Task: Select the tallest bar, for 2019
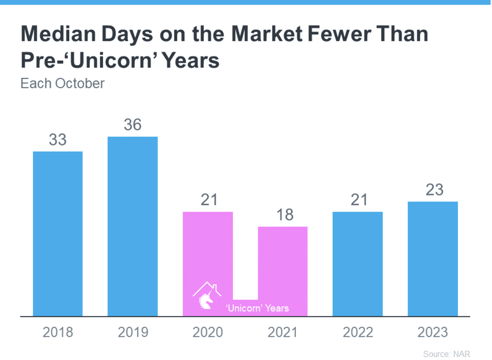coord(133,226)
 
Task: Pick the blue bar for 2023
coord(433,259)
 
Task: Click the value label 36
coord(133,125)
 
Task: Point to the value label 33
coord(58,139)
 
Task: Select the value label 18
coord(285,215)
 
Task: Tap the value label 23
coord(434,190)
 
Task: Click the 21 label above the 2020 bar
coord(209,200)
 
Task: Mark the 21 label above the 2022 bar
coord(359,200)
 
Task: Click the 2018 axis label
coord(58,332)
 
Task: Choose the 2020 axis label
coord(208,332)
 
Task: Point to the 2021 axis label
coord(283,332)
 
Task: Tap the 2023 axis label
coord(432,332)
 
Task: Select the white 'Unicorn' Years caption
coord(257,308)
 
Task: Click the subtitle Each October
coord(63,83)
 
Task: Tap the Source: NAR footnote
coord(446,354)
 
